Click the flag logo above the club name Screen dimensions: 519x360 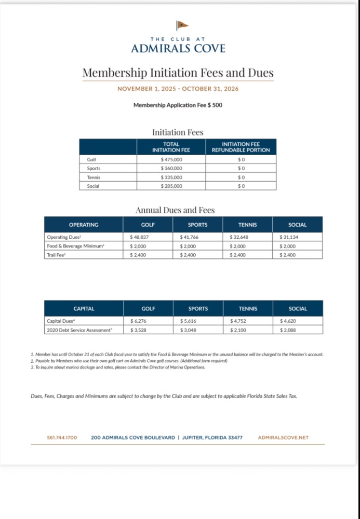click(182, 25)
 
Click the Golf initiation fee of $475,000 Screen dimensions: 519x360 click(171, 159)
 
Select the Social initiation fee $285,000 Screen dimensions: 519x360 click(171, 186)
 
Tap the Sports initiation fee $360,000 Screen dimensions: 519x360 click(171, 168)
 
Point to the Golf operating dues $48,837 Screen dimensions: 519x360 click(139, 237)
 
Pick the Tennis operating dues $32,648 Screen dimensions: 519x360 click(239, 237)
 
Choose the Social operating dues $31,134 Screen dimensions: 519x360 click(289, 237)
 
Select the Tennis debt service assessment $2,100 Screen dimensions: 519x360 click(238, 330)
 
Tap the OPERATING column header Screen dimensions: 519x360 click(84, 225)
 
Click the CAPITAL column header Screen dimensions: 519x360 click(84, 308)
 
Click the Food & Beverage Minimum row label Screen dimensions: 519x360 click(76, 245)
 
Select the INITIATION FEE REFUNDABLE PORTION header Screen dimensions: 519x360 click(241, 147)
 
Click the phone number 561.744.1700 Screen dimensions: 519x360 click(62, 438)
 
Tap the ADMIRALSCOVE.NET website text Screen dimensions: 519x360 click(283, 438)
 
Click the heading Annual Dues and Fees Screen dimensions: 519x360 click(175, 210)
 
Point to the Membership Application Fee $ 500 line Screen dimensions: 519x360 click(178, 105)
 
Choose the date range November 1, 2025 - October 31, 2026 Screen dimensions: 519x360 click(178, 89)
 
